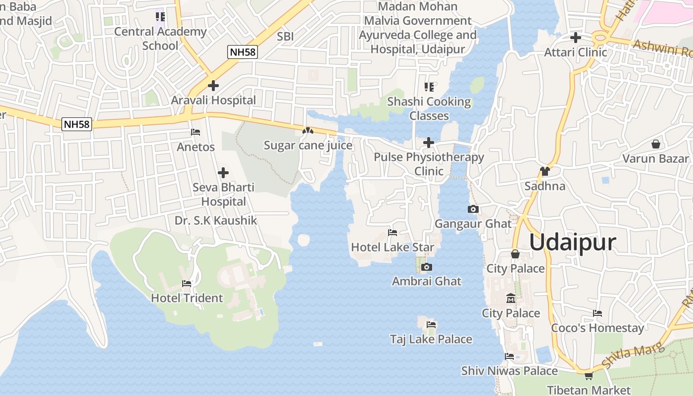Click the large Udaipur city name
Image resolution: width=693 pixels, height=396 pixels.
pos(572,243)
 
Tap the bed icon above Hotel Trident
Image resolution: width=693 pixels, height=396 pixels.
pos(187,284)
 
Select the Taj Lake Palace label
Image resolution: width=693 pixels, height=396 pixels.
pos(431,339)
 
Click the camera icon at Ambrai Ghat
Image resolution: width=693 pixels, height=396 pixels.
pos(426,267)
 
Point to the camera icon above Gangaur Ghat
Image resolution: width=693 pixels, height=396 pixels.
pos(473,209)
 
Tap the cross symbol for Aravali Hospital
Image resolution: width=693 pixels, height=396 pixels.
pos(213,86)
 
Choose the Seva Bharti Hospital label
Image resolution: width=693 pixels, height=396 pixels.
pos(223,195)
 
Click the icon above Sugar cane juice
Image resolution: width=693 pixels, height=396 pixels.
pos(308,131)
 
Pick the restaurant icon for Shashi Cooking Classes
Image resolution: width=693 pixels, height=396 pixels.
pos(429,87)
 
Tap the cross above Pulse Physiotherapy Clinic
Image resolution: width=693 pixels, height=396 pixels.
pos(429,143)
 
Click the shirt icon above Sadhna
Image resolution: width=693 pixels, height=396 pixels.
pos(545,171)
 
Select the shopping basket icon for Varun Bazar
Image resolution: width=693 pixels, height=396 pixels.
pos(656,144)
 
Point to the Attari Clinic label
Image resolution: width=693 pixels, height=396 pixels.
pos(575,52)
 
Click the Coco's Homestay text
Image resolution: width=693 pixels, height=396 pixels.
pos(597,328)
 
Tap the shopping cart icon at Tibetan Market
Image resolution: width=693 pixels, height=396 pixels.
pos(589,376)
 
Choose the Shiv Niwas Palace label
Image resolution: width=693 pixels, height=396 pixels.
pos(509,370)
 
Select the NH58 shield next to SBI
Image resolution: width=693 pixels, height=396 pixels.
pos(243,52)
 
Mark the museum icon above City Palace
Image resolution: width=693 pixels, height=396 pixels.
pos(510,298)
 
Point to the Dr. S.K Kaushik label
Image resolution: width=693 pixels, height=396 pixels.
pos(216,220)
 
